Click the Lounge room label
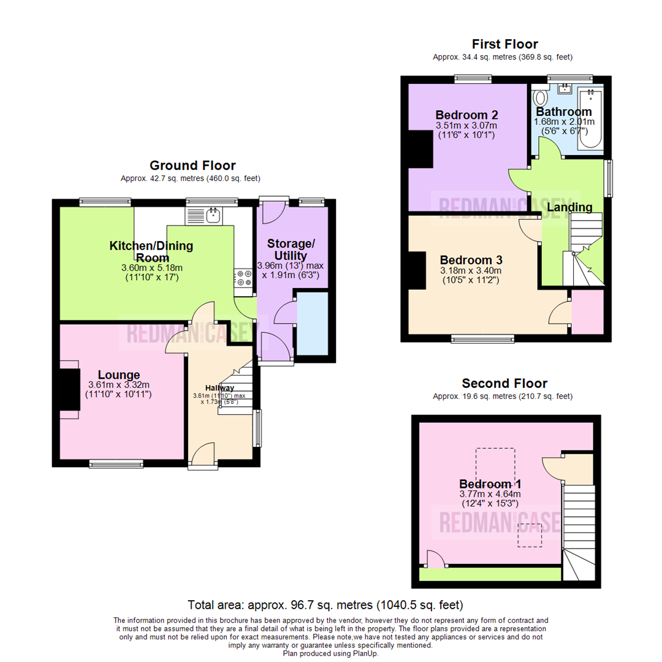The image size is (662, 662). pyautogui.click(x=119, y=375)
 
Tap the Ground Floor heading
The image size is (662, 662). pyautogui.click(x=192, y=165)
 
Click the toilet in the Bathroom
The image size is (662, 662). pyautogui.click(x=541, y=98)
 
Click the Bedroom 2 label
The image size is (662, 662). pyautogui.click(x=466, y=115)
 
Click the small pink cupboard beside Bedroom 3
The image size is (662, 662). pyautogui.click(x=587, y=312)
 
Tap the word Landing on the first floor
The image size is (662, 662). pyautogui.click(x=569, y=207)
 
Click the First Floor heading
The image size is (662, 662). pyautogui.click(x=504, y=44)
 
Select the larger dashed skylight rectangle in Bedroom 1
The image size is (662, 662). pyautogui.click(x=495, y=468)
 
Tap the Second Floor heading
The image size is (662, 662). pyautogui.click(x=504, y=384)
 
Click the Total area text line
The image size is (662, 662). pyautogui.click(x=325, y=604)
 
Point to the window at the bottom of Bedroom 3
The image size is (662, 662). pyautogui.click(x=483, y=338)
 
